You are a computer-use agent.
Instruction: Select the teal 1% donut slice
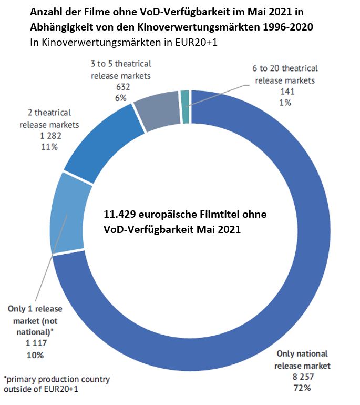tap(184, 99)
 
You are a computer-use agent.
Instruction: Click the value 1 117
tap(33, 344)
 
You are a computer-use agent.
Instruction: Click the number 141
tap(286, 92)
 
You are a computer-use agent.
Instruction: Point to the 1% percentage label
tap(286, 103)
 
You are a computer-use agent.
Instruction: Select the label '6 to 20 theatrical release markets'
tap(286, 74)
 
